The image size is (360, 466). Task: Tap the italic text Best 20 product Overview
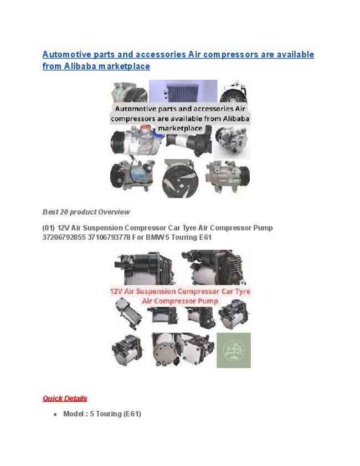point(86,212)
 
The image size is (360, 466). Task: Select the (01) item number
point(49,228)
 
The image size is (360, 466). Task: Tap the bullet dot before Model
point(55,414)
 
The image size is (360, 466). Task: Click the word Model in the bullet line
point(74,413)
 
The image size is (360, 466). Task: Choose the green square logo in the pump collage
point(233,350)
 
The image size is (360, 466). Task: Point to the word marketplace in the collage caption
point(180,128)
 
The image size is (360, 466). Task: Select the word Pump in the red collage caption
point(207,300)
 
